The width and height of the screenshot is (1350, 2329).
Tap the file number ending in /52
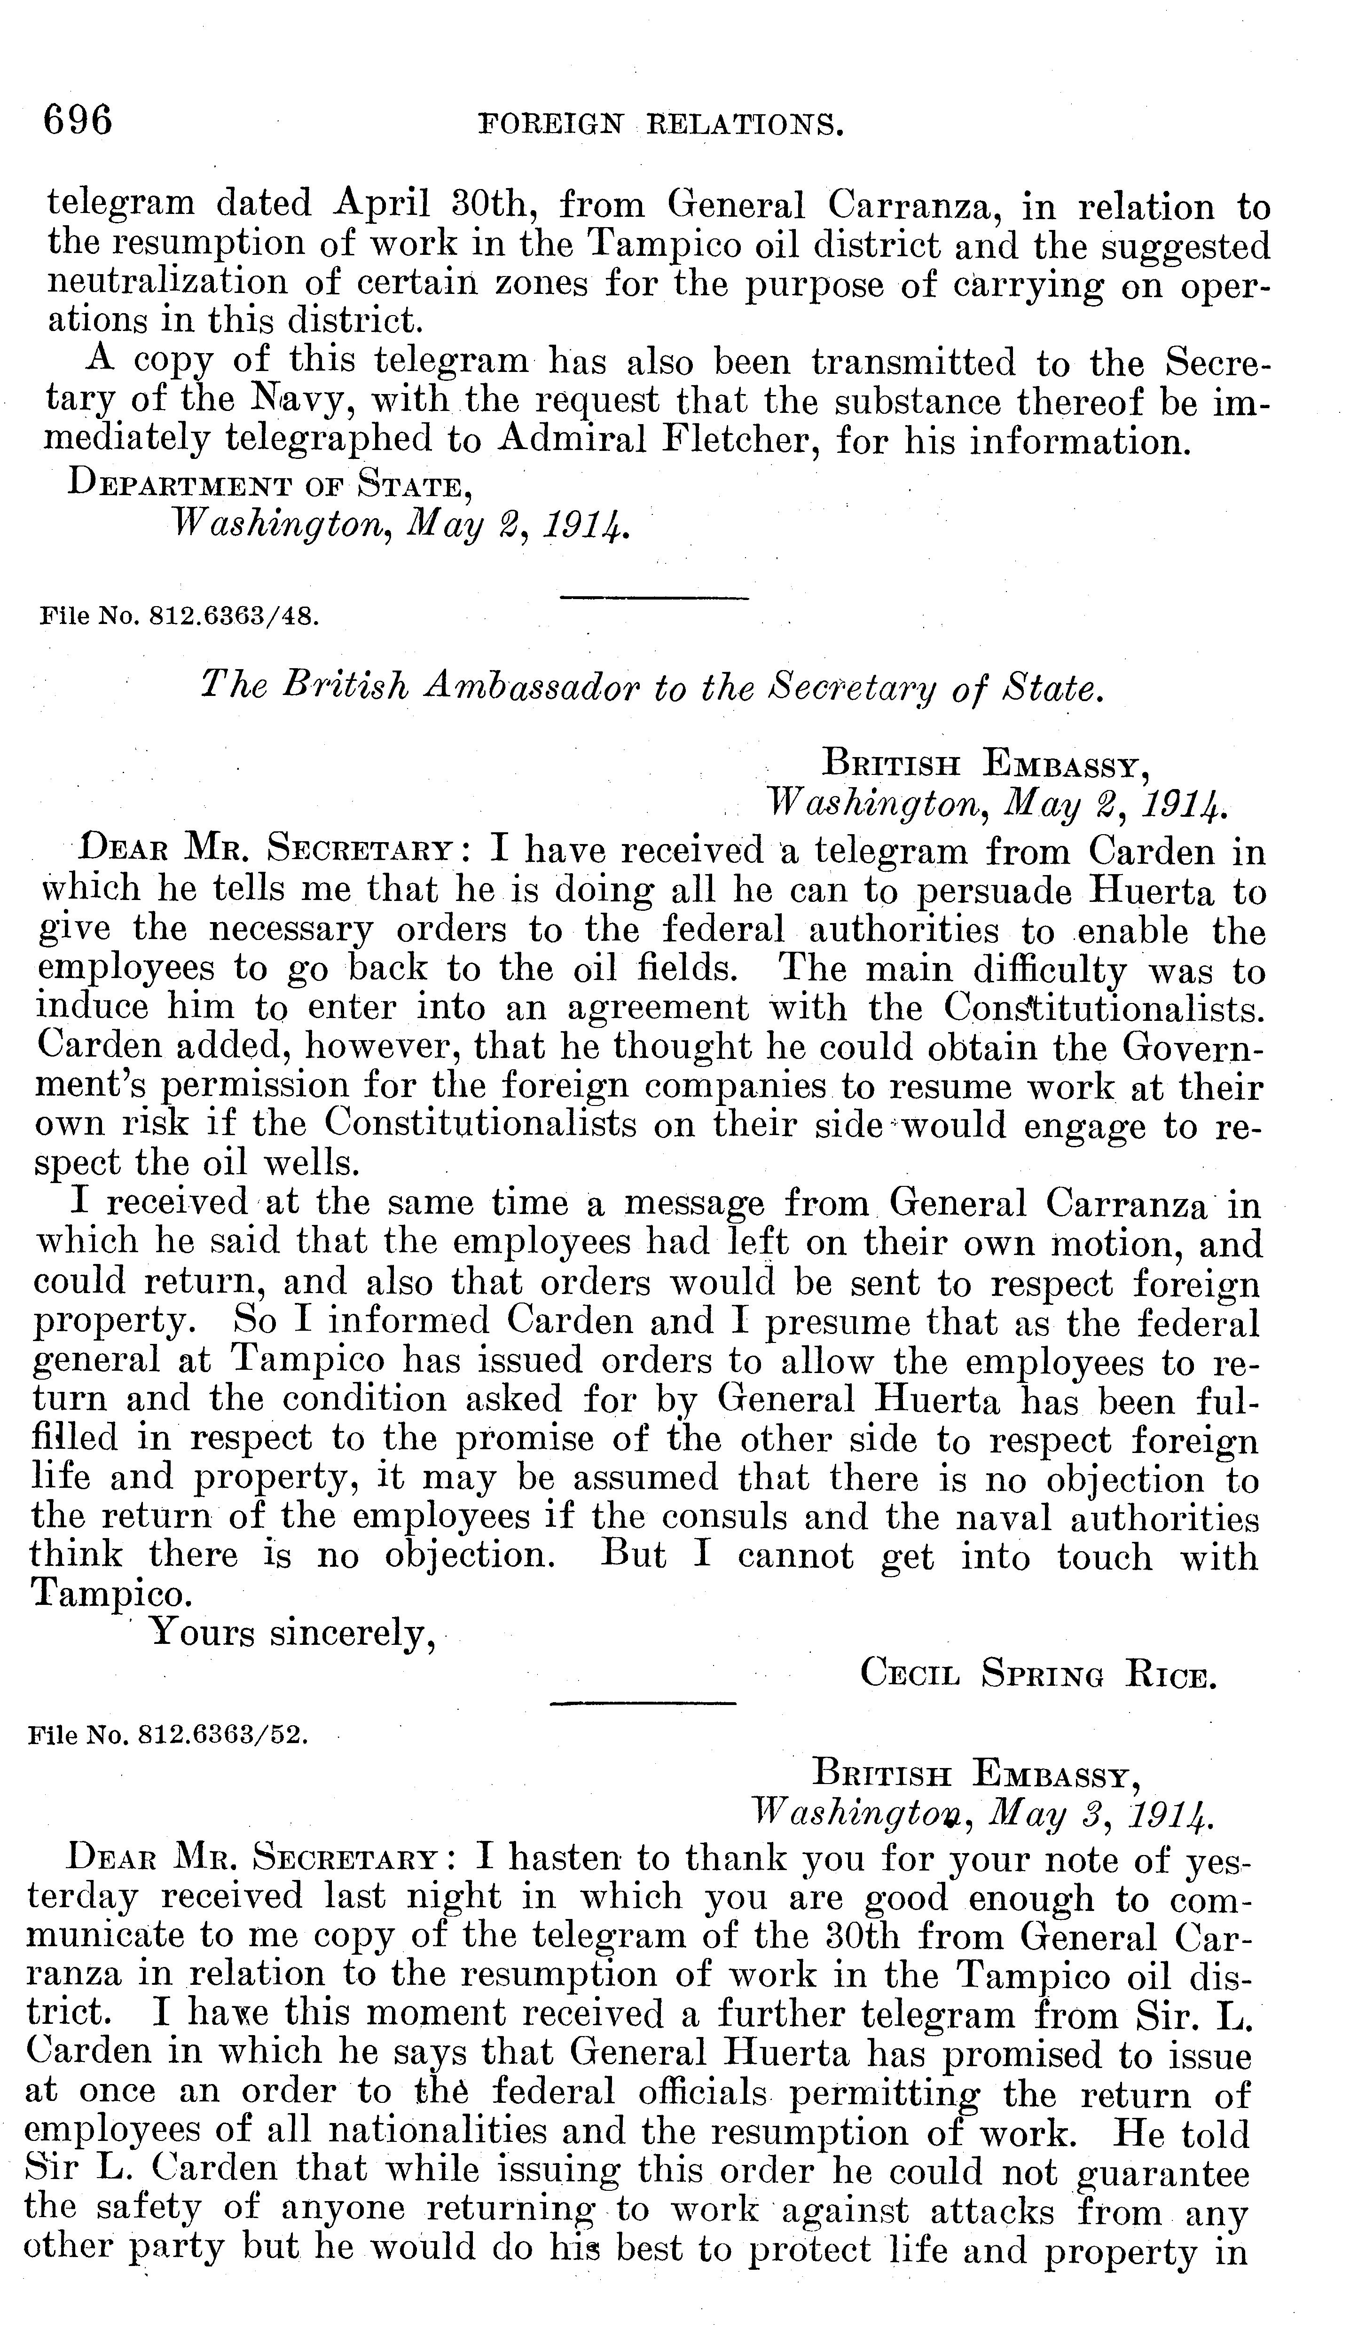[168, 1735]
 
